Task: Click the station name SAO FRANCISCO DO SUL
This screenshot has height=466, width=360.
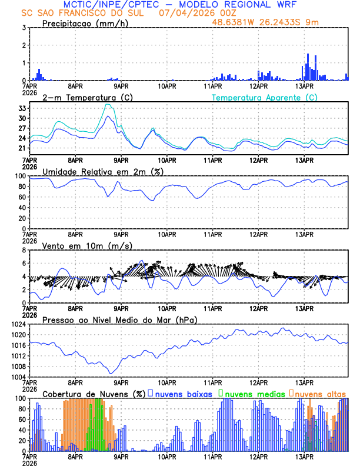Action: coord(92,13)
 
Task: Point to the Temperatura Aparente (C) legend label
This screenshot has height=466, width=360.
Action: coord(265,98)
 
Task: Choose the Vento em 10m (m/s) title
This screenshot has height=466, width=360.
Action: coord(88,245)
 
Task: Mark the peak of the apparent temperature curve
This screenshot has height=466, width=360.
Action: coord(108,105)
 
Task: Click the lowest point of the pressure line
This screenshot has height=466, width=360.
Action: coord(109,373)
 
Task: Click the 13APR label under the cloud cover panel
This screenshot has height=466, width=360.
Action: coord(304,456)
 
